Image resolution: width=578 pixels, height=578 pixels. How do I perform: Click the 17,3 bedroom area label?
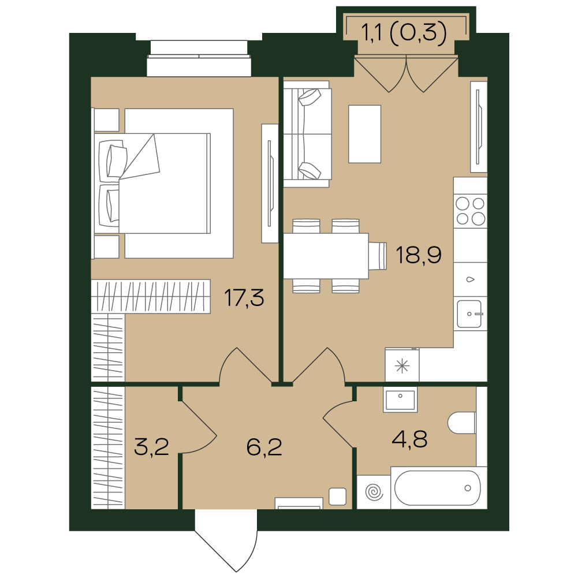tap(244, 298)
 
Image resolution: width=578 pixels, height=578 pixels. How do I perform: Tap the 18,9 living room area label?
tap(419, 255)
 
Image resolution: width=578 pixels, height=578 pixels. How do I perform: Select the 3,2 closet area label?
tap(151, 447)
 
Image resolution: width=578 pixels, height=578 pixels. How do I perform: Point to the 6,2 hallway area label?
tap(264, 447)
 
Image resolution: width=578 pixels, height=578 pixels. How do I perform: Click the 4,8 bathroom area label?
tap(410, 439)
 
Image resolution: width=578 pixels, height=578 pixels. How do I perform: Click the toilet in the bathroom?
tap(462, 423)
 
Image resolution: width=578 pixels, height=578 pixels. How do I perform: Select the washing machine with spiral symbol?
tap(374, 492)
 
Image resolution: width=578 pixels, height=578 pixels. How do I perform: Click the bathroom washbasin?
tap(400, 399)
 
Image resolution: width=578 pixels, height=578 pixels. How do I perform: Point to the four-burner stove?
tap(471, 211)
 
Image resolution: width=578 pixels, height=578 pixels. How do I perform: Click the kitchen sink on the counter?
tap(469, 314)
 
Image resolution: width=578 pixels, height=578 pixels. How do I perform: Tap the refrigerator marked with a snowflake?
tap(402, 365)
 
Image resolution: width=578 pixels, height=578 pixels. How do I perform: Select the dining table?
tap(326, 256)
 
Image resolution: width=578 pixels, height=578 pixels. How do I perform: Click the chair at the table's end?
tap(378, 256)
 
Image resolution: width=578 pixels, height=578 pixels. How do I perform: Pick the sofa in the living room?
tap(307, 134)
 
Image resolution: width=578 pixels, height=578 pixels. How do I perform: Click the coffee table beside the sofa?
tap(364, 134)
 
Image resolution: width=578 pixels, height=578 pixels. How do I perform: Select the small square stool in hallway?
tap(337, 496)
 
